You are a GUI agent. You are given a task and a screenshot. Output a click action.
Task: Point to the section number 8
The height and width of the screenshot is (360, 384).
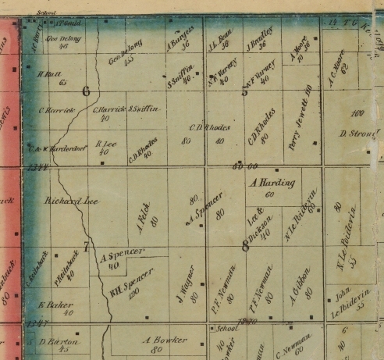[x=246, y=248]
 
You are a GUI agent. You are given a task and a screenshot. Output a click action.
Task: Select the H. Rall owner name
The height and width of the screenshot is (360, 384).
[x=52, y=76]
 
